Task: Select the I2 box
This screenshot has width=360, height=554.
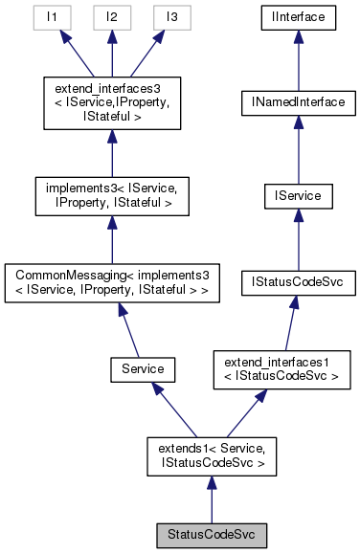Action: coord(113,18)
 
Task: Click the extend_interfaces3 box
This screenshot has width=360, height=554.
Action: coord(113,100)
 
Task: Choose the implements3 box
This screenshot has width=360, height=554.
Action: coord(113,196)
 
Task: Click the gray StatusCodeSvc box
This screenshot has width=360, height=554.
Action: coord(212,531)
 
